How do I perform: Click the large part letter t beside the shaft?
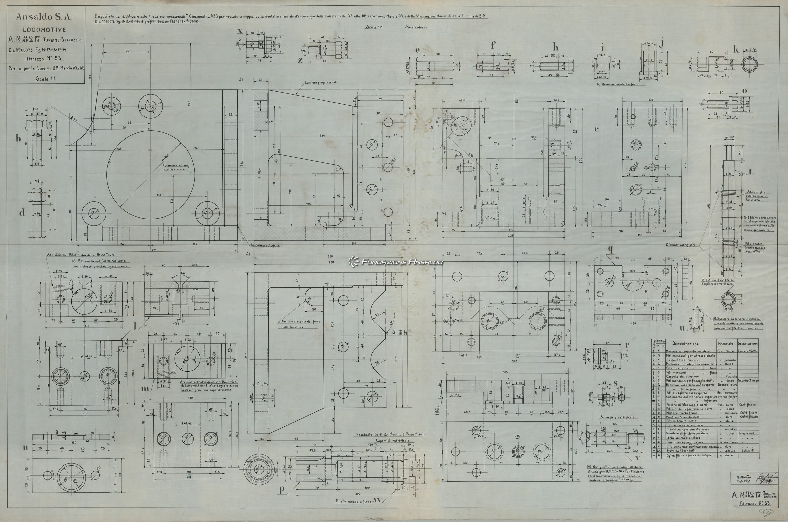pos(750,172)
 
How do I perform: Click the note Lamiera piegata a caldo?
pos(322,82)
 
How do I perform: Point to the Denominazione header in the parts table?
pos(685,343)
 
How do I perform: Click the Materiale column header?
pos(725,343)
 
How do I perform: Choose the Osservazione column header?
pos(748,343)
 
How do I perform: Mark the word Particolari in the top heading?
pos(416,27)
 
